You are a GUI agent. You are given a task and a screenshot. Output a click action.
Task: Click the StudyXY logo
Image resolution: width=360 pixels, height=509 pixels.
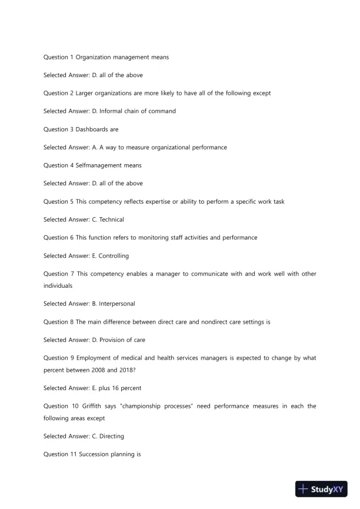(x=322, y=489)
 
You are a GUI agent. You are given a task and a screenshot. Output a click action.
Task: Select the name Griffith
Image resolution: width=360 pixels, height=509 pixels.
(x=95, y=407)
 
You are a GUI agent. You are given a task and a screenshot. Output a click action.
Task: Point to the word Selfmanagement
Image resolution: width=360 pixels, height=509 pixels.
(x=101, y=165)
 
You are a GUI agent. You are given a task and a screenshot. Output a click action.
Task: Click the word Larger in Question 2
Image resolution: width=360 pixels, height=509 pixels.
(x=85, y=93)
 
